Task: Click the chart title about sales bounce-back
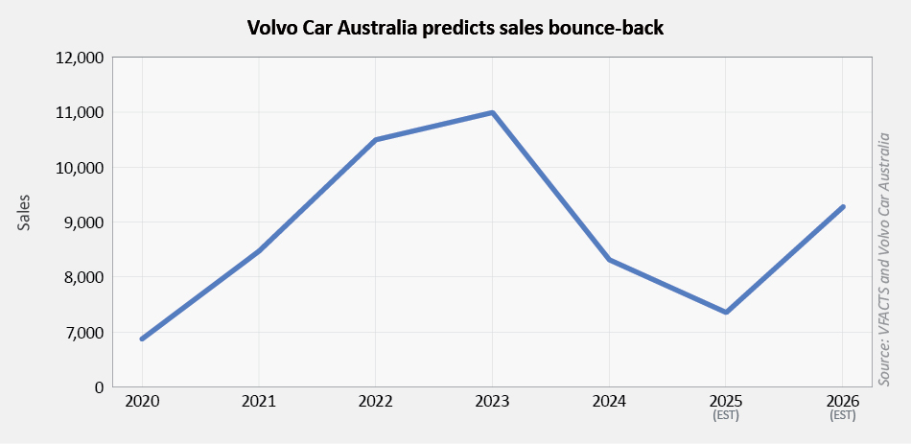[455, 28]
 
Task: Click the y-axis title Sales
[25, 212]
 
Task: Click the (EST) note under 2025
[726, 415]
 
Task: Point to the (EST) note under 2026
[842, 415]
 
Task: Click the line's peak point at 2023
[492, 112]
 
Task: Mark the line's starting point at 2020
[142, 339]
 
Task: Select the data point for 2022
[375, 140]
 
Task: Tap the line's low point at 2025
[726, 312]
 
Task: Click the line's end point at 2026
[843, 206]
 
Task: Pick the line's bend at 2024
[609, 260]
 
